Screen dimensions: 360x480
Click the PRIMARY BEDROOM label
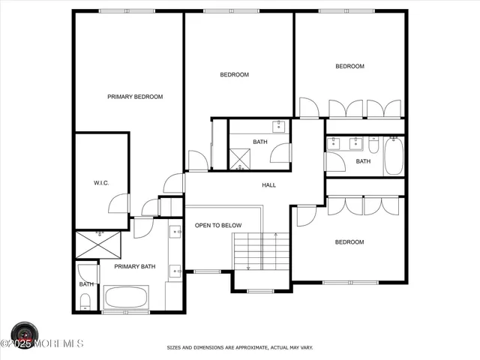(x=135, y=97)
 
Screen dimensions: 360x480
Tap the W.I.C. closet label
(x=101, y=183)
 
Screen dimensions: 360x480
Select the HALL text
(x=268, y=185)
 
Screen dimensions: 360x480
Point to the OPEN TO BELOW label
(x=218, y=225)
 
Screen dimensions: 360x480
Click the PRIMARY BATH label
(x=134, y=266)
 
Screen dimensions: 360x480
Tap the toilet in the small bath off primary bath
(x=85, y=301)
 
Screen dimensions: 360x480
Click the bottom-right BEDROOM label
(x=349, y=242)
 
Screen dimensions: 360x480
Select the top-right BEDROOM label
(x=349, y=67)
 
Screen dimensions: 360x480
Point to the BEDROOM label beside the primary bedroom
(x=234, y=75)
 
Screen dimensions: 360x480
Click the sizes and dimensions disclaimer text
(x=240, y=348)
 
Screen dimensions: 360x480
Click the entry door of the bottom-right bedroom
(x=305, y=216)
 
